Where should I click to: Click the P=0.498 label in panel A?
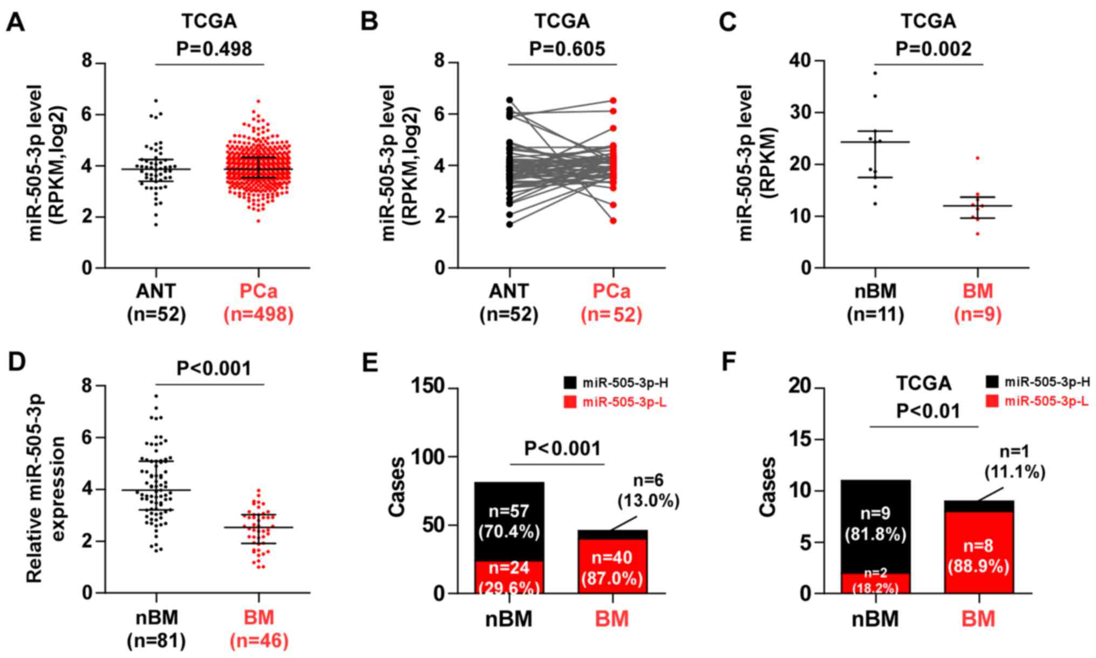(214, 49)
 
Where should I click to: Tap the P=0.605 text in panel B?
(567, 49)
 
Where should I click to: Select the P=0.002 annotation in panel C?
(934, 49)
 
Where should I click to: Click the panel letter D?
(16, 361)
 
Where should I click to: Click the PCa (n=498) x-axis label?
(258, 303)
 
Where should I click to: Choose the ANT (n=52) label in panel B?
(509, 303)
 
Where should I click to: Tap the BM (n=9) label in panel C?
(977, 303)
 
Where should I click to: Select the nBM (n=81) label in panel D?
(156, 629)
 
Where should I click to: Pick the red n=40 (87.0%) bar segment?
(612, 567)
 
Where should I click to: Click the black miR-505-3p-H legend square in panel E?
(570, 384)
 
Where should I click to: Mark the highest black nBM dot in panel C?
(875, 73)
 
